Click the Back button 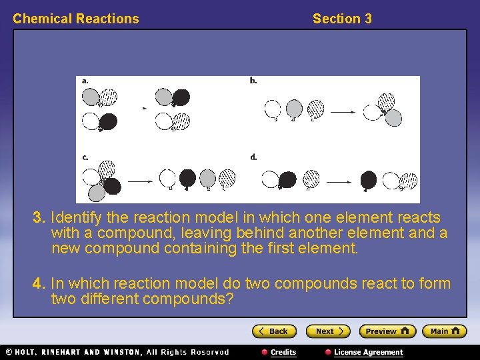pyautogui.click(x=273, y=331)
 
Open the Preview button pyautogui.click(x=387, y=331)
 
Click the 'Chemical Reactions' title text pyautogui.click(x=76, y=19)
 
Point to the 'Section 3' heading pyautogui.click(x=342, y=19)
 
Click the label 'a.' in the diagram pyautogui.click(x=85, y=81)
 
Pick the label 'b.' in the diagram pyautogui.click(x=253, y=81)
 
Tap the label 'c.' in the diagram pyautogui.click(x=85, y=157)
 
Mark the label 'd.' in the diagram pyautogui.click(x=253, y=157)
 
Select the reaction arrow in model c pyautogui.click(x=140, y=180)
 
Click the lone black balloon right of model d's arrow pyautogui.click(x=369, y=179)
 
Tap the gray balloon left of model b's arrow pyautogui.click(x=294, y=109)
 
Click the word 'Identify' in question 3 pyautogui.click(x=75, y=218)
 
